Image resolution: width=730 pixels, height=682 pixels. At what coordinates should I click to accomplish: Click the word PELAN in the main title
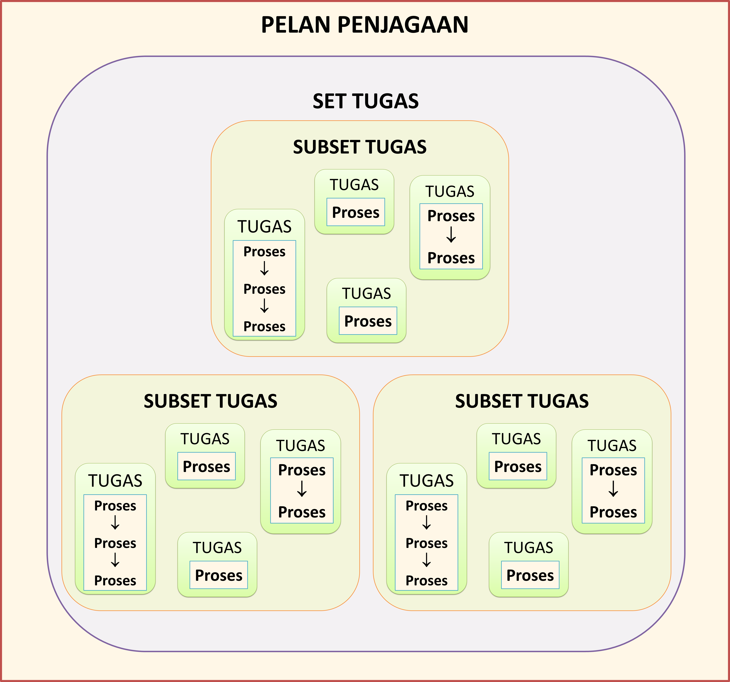(x=296, y=25)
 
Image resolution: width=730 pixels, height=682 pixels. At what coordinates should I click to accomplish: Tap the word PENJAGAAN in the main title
(x=403, y=25)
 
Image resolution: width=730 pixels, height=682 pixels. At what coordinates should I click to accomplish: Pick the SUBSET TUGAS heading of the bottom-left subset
(x=210, y=401)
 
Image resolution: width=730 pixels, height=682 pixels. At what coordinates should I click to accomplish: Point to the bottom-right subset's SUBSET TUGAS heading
(x=522, y=401)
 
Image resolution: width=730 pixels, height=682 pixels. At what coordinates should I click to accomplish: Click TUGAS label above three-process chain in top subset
(x=264, y=227)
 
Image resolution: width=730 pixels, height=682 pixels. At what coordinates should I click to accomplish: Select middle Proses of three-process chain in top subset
(x=264, y=289)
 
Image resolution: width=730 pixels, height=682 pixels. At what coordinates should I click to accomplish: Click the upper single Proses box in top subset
(x=355, y=212)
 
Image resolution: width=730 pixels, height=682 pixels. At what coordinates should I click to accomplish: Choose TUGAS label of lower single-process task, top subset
(x=366, y=293)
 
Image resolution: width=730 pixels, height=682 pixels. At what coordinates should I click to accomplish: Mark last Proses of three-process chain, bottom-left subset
(x=115, y=581)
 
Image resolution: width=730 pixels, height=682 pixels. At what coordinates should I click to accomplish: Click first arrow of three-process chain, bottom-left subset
(x=115, y=523)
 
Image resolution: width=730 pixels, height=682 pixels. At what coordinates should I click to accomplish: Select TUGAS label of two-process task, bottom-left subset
(x=300, y=445)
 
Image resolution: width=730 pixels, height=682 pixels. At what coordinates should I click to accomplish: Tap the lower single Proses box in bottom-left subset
(x=218, y=575)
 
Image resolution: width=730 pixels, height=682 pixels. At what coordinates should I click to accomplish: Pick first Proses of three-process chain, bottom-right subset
(x=426, y=506)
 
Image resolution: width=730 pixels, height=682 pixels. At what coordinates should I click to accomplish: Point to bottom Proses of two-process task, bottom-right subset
(x=613, y=512)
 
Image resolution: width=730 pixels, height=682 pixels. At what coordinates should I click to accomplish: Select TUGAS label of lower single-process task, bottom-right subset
(x=528, y=548)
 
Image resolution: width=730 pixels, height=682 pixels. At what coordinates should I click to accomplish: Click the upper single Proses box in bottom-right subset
(x=518, y=466)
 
